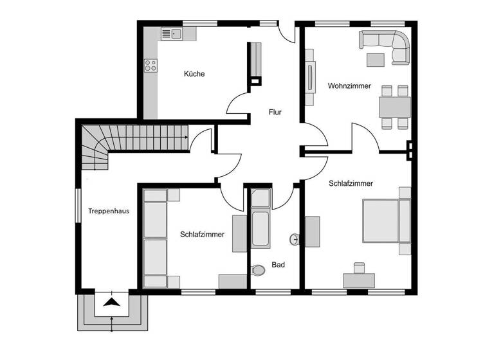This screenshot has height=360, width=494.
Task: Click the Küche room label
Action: coord(194,74)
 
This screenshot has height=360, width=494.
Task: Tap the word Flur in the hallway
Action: coord(275,113)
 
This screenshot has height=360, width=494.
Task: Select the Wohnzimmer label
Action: coord(349,85)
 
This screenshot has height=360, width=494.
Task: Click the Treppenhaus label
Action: coord(106,210)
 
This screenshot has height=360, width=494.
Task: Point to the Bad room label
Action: coord(278,264)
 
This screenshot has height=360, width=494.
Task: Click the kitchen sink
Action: coord(171,34)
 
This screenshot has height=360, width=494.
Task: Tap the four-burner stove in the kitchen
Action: coord(151,65)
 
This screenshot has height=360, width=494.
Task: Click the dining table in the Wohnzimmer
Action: coord(394,107)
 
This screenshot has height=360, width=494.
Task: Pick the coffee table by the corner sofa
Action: coord(376,60)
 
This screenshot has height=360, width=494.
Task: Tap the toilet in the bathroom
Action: coord(259,270)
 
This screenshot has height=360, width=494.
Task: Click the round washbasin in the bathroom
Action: coord(295,240)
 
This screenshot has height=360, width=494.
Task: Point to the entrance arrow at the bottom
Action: coord(112,302)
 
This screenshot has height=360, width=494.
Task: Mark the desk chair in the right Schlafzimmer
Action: coord(359,266)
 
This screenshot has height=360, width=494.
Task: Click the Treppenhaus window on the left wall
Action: coord(78,205)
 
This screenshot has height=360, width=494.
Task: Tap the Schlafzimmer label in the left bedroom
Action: coord(202,235)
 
